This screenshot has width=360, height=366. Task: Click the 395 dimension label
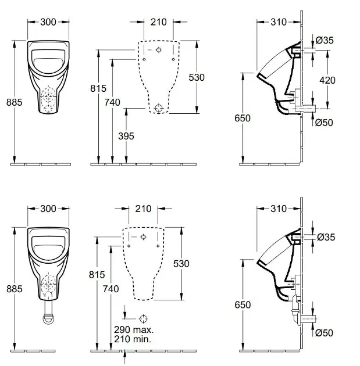pyautogui.click(x=126, y=136)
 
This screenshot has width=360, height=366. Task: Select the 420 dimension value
pyautogui.click(x=327, y=80)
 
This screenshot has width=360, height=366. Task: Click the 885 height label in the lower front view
pyautogui.click(x=14, y=288)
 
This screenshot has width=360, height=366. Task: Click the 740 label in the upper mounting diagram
pyautogui.click(x=112, y=102)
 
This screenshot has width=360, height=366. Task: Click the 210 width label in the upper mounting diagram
pyautogui.click(x=158, y=22)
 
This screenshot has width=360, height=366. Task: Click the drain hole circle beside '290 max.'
pyautogui.click(x=144, y=318)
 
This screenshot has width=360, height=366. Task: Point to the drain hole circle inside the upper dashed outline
pyautogui.click(x=159, y=108)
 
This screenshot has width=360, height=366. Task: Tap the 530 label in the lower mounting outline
pyautogui.click(x=181, y=263)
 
